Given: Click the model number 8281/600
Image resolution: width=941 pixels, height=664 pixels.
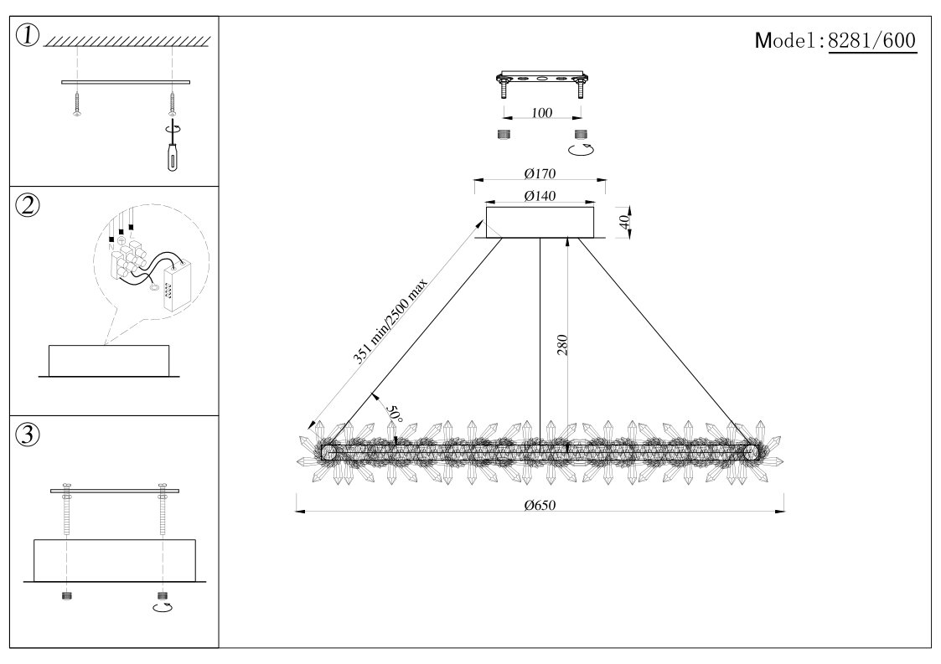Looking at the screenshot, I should (871, 40).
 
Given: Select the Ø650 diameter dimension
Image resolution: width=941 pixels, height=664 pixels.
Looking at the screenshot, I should (540, 504).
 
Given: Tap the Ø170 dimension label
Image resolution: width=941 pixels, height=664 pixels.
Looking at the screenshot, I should (540, 174).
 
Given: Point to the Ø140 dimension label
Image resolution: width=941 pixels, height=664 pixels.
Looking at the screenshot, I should (540, 196).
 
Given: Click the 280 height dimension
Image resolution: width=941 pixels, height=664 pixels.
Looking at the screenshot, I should (562, 346).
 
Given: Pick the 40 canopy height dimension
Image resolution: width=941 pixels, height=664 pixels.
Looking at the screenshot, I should (623, 222).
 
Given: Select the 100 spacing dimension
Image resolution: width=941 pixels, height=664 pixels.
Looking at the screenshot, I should (541, 113).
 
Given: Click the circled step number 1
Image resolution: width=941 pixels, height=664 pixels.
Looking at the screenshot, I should (28, 36).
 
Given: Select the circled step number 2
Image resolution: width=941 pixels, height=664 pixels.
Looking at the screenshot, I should (28, 206).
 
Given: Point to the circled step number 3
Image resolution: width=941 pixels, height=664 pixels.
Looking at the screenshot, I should (28, 435).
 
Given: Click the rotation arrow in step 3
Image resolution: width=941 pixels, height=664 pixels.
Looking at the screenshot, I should (162, 607).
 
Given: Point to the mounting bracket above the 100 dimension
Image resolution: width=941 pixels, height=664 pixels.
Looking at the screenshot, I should (541, 80).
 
